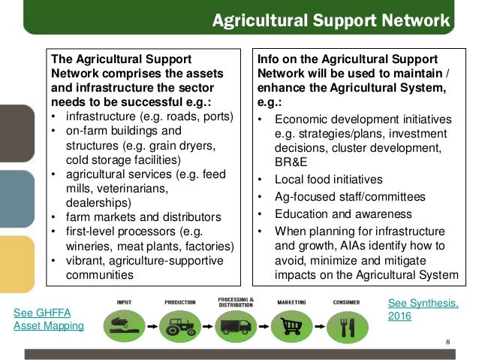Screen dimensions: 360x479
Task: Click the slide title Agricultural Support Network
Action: click(x=330, y=19)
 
